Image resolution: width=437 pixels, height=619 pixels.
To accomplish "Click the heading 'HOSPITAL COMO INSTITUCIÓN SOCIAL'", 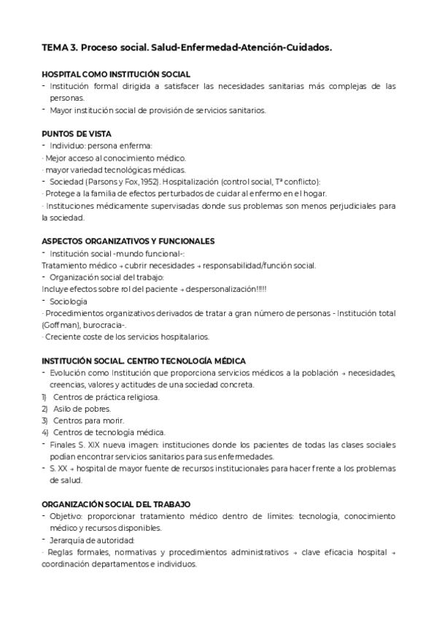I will pos(116,74).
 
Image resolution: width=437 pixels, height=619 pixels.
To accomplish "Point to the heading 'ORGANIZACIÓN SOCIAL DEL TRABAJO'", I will pos(116,504).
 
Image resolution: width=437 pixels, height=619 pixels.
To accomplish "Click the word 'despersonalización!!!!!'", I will pos(231,288).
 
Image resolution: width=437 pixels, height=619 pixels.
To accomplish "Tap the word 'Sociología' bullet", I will pos(69,300).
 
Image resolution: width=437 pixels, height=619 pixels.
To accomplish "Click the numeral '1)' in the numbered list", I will pos(45,396).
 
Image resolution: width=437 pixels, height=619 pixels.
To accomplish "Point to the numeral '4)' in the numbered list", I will pos(45,432).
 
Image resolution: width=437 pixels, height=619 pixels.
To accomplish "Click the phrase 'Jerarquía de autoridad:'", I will pos(92,539).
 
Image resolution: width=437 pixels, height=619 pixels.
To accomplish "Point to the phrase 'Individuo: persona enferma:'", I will pos(100,145).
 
